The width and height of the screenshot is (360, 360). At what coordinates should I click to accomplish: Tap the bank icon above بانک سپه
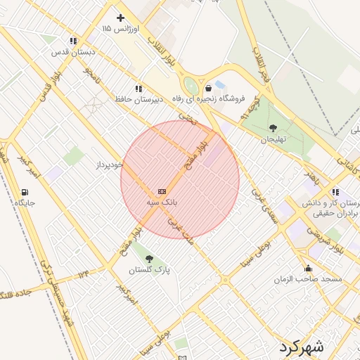tap(162, 191)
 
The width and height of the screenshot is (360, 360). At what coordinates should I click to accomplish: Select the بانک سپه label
tap(161, 202)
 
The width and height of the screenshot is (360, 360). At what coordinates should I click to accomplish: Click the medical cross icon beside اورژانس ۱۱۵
tap(120, 18)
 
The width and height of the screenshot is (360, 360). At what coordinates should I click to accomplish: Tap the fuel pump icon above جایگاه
tap(26, 193)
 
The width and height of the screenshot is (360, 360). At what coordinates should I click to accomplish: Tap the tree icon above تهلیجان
tap(274, 128)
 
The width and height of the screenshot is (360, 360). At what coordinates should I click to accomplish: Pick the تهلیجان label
tap(274, 139)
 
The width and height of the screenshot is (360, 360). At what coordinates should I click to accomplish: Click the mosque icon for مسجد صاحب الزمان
tap(308, 268)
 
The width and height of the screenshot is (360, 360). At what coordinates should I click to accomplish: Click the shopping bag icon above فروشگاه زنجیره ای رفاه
tap(209, 88)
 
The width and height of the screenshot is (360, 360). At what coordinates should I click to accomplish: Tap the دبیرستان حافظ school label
tap(139, 99)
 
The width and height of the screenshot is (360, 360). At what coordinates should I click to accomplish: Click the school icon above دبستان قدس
tap(74, 41)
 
